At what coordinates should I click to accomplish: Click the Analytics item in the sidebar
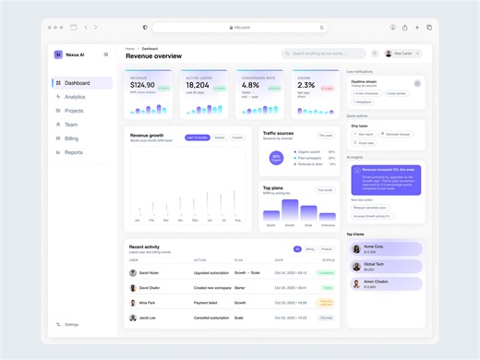click(x=75, y=97)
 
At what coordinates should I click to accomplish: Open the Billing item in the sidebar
click(x=71, y=138)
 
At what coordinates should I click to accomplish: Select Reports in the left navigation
click(x=73, y=152)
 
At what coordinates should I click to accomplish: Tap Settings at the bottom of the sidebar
click(x=71, y=324)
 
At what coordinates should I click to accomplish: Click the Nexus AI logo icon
click(x=58, y=54)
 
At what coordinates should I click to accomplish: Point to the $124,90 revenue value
click(x=142, y=85)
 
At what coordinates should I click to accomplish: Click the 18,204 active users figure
click(x=198, y=85)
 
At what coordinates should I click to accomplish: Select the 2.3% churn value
click(x=306, y=85)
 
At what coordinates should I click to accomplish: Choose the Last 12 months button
click(x=197, y=138)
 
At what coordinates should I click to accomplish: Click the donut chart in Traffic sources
click(x=276, y=158)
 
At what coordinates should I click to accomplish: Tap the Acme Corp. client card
click(x=385, y=248)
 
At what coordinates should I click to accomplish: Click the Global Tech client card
click(x=385, y=267)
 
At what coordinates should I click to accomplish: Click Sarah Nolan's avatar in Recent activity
click(x=133, y=272)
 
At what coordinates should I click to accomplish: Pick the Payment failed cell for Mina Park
click(x=207, y=302)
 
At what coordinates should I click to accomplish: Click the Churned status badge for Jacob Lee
click(x=326, y=317)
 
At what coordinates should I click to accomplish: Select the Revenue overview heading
click(x=153, y=56)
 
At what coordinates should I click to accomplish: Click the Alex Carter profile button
click(x=402, y=54)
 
